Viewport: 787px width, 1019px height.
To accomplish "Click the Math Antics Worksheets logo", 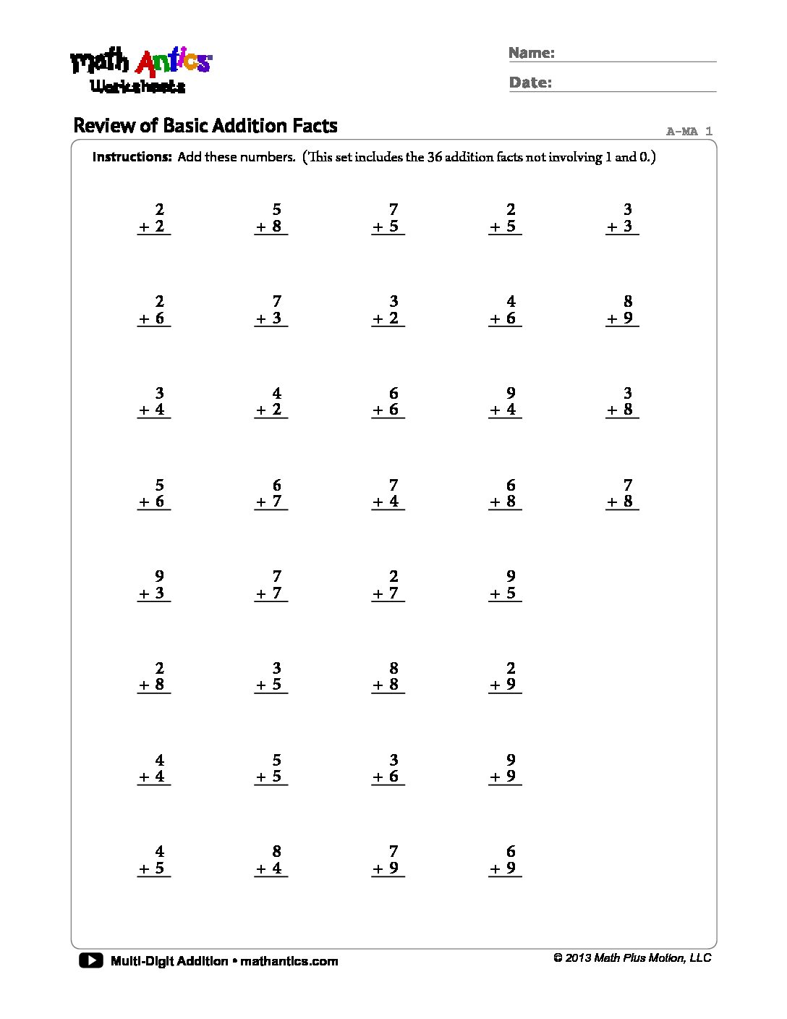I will pos(140,71).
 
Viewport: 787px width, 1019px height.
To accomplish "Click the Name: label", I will pos(531,53).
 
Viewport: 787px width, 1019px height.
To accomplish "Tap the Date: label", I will pos(530,83).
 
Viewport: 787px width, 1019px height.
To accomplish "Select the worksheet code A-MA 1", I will pos(689,131).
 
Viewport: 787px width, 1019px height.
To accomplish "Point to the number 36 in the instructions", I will pos(434,157).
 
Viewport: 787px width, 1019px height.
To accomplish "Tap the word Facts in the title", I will pos(315,126).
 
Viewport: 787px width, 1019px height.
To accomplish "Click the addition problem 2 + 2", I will pos(153,219).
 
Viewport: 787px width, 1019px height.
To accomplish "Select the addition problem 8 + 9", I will pos(622,310).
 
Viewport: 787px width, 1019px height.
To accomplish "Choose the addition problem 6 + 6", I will pos(388,402).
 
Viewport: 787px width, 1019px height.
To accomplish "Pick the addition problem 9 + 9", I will pos(505,769).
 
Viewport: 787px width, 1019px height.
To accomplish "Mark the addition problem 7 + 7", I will pos(271,585).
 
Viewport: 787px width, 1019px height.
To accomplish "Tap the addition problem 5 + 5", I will pos(271,769).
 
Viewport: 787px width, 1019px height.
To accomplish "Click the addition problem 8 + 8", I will pos(388,677).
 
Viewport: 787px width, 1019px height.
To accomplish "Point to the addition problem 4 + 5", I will pos(153,861).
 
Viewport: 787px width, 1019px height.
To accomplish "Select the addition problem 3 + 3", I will pos(622,219).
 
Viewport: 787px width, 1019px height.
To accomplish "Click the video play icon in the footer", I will pos(91,960).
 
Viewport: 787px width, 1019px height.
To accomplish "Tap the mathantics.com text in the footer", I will pos(289,961).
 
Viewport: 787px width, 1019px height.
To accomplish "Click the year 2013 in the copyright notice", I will pos(578,958).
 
